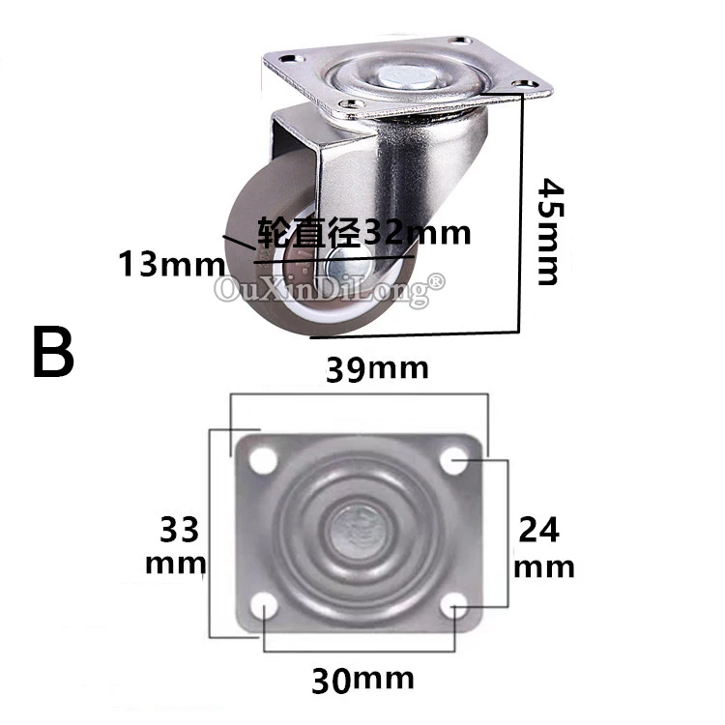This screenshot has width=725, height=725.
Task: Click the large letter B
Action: click(53, 352)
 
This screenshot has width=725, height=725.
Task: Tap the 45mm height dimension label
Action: click(550, 231)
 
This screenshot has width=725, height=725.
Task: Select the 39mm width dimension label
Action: click(377, 369)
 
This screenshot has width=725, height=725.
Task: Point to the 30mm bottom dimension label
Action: click(362, 681)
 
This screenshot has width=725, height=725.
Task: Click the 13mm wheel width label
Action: click(172, 264)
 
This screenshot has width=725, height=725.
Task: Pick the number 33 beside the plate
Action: click(180, 530)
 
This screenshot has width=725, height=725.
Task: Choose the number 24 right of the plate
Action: click(539, 530)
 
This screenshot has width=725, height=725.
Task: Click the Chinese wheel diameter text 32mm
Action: click(363, 231)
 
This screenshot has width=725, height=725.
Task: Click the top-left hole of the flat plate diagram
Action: click(263, 460)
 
